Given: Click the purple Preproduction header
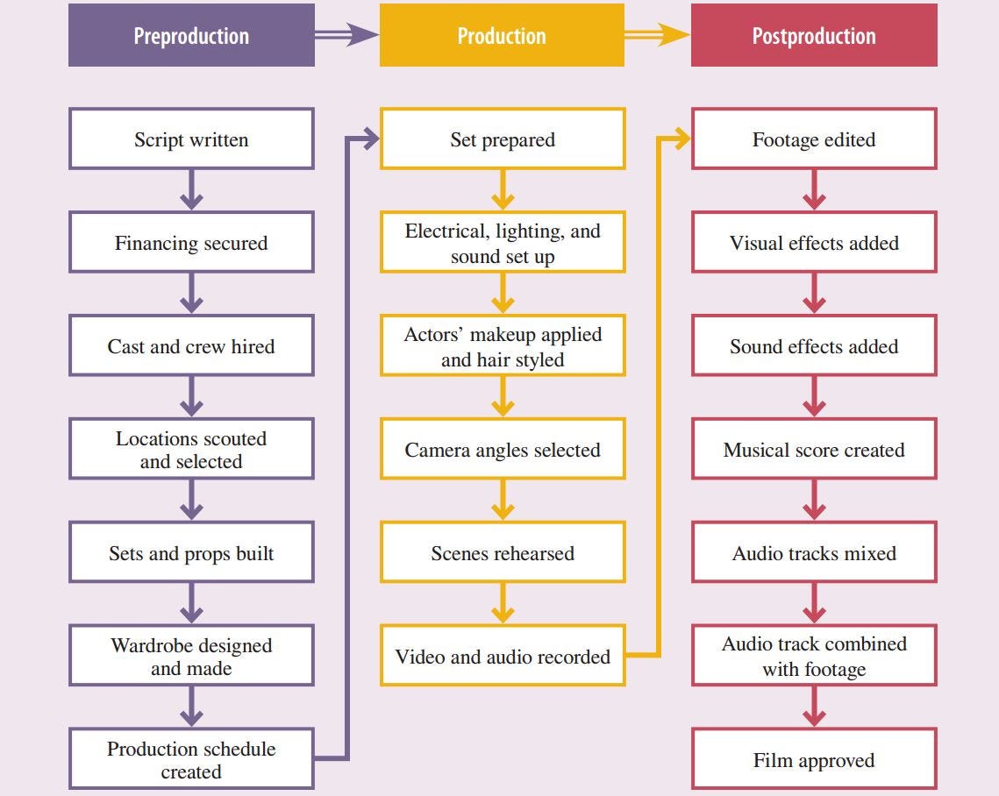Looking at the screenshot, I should pos(191,36).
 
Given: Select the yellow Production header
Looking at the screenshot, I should pos(502,36).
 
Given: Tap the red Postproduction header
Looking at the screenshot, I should pos(814,36).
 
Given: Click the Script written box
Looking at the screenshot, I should pos(191,139).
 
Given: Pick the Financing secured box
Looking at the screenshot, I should pos(191,243).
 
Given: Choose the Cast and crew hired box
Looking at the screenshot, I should pos(191,346).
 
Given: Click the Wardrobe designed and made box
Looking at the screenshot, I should pos(191,657).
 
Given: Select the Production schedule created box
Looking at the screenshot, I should pos(191,760).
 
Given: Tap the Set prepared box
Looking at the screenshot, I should pos(502,139).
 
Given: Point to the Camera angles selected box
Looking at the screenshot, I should pos(502,450).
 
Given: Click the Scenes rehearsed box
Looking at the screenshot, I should pos(502,553).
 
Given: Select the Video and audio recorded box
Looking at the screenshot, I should pos(502,657).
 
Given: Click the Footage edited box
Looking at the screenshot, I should pos(814,139).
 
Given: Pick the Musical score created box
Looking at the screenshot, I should pos(814,450).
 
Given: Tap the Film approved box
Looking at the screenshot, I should pos(814,760).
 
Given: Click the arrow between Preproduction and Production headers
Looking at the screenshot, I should pos(346,35).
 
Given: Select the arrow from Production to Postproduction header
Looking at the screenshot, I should pos(657,35).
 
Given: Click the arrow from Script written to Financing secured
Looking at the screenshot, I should pos(191,190).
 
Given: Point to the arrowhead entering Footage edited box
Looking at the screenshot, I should pos(681,139).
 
